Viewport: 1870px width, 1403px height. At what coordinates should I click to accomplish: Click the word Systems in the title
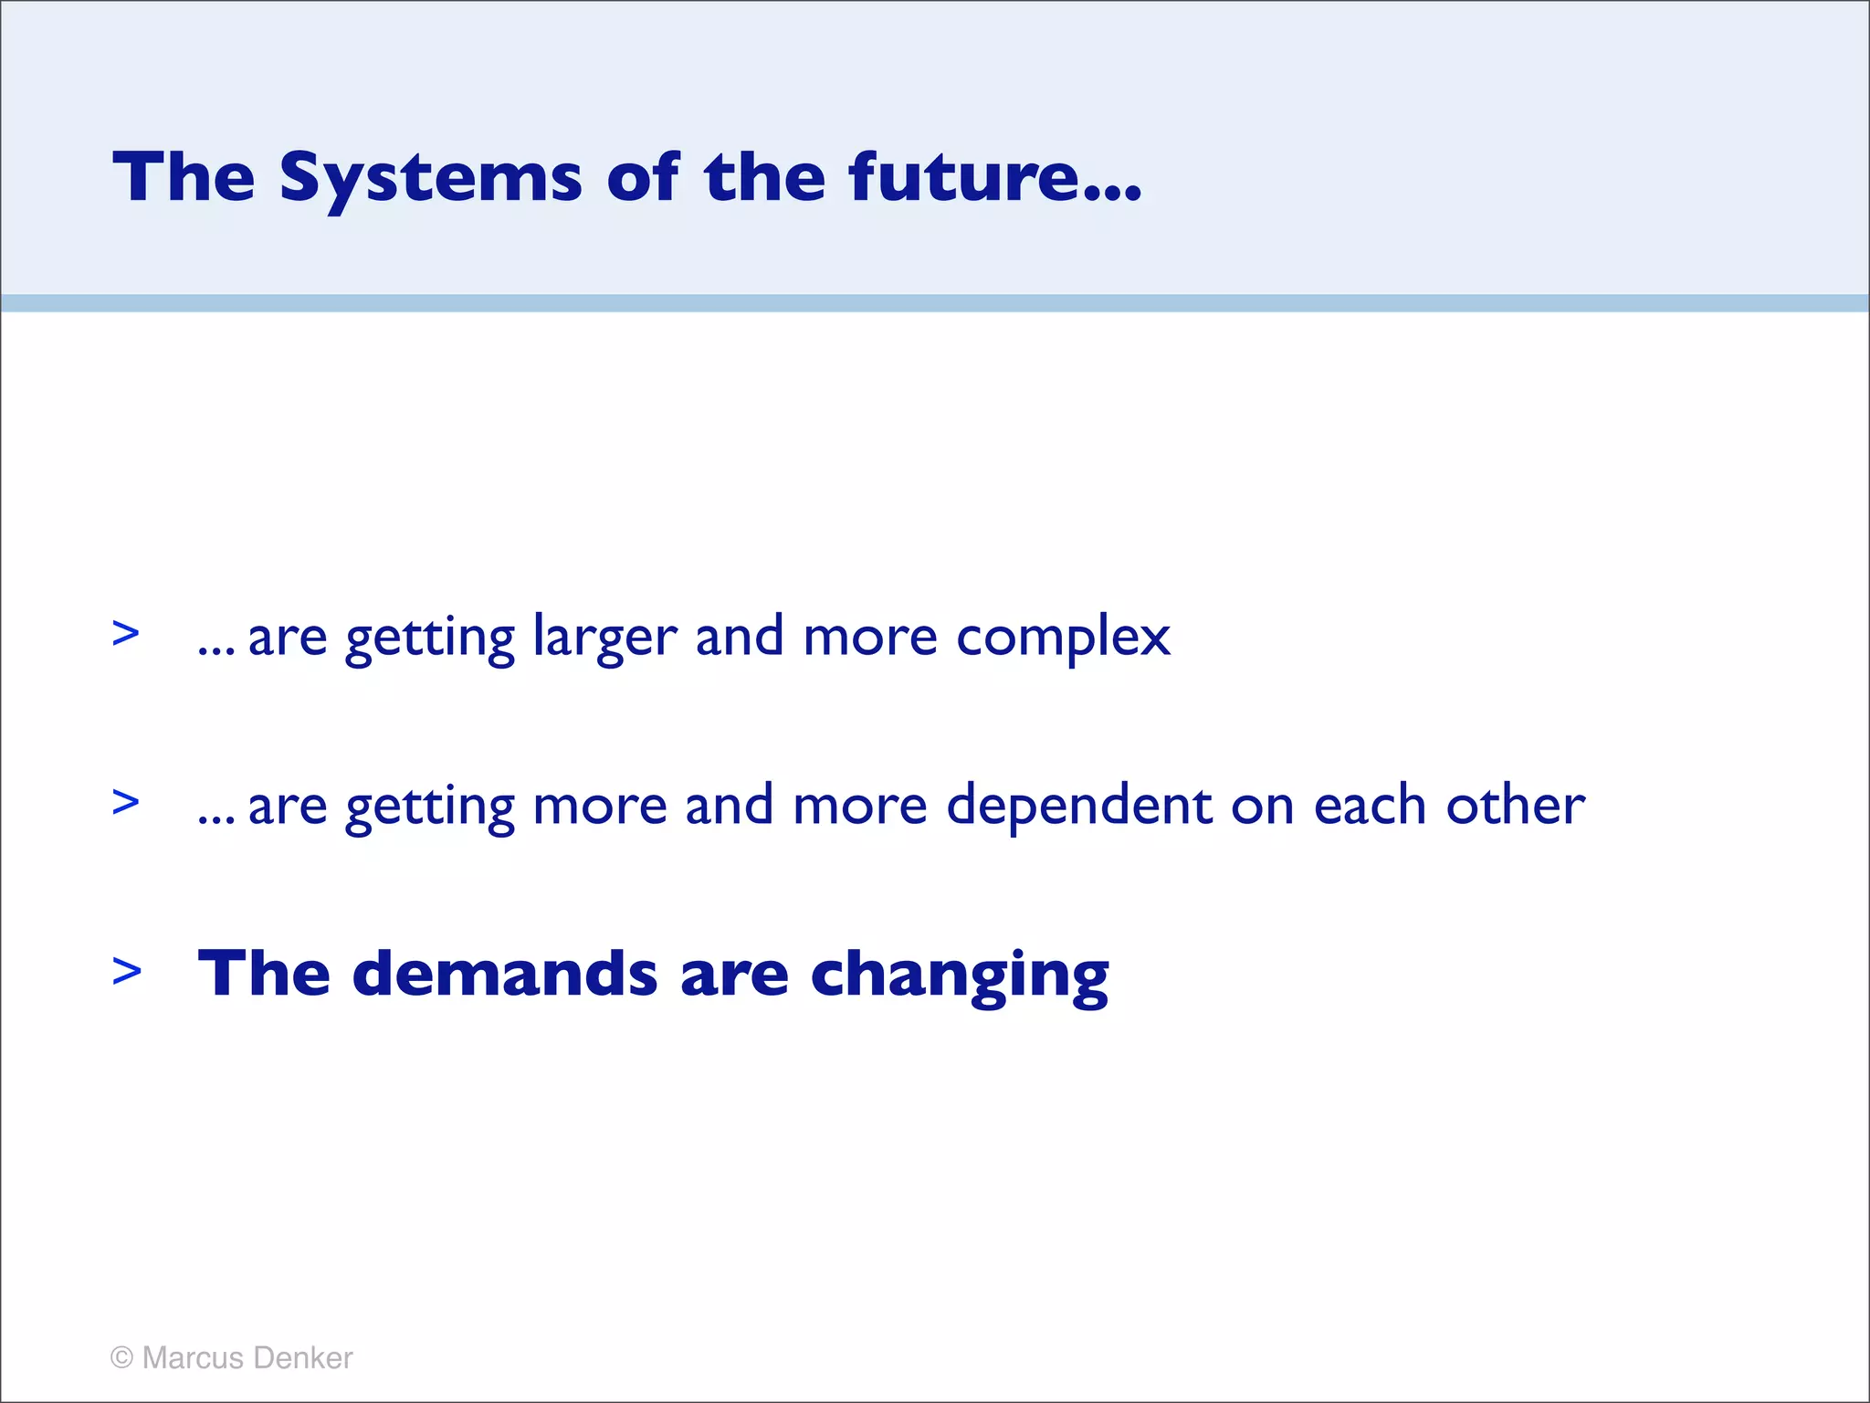(x=430, y=178)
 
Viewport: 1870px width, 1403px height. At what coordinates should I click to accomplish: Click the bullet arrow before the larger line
(x=126, y=633)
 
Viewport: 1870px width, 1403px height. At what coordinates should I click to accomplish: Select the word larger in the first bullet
(x=604, y=638)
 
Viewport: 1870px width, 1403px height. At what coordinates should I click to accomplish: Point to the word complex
(x=1063, y=638)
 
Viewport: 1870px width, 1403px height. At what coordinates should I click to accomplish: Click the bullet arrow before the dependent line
(x=126, y=802)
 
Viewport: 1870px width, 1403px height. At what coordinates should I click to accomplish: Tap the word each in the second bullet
(x=1370, y=806)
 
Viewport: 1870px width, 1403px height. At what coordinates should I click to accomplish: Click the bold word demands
(x=504, y=974)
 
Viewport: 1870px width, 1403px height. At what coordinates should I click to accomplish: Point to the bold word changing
(x=959, y=976)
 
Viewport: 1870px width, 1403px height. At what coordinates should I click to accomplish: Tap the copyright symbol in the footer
(x=121, y=1357)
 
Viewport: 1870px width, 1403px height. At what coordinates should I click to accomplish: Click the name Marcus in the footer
(x=193, y=1357)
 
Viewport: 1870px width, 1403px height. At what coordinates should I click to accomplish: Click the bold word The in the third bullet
(x=264, y=974)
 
